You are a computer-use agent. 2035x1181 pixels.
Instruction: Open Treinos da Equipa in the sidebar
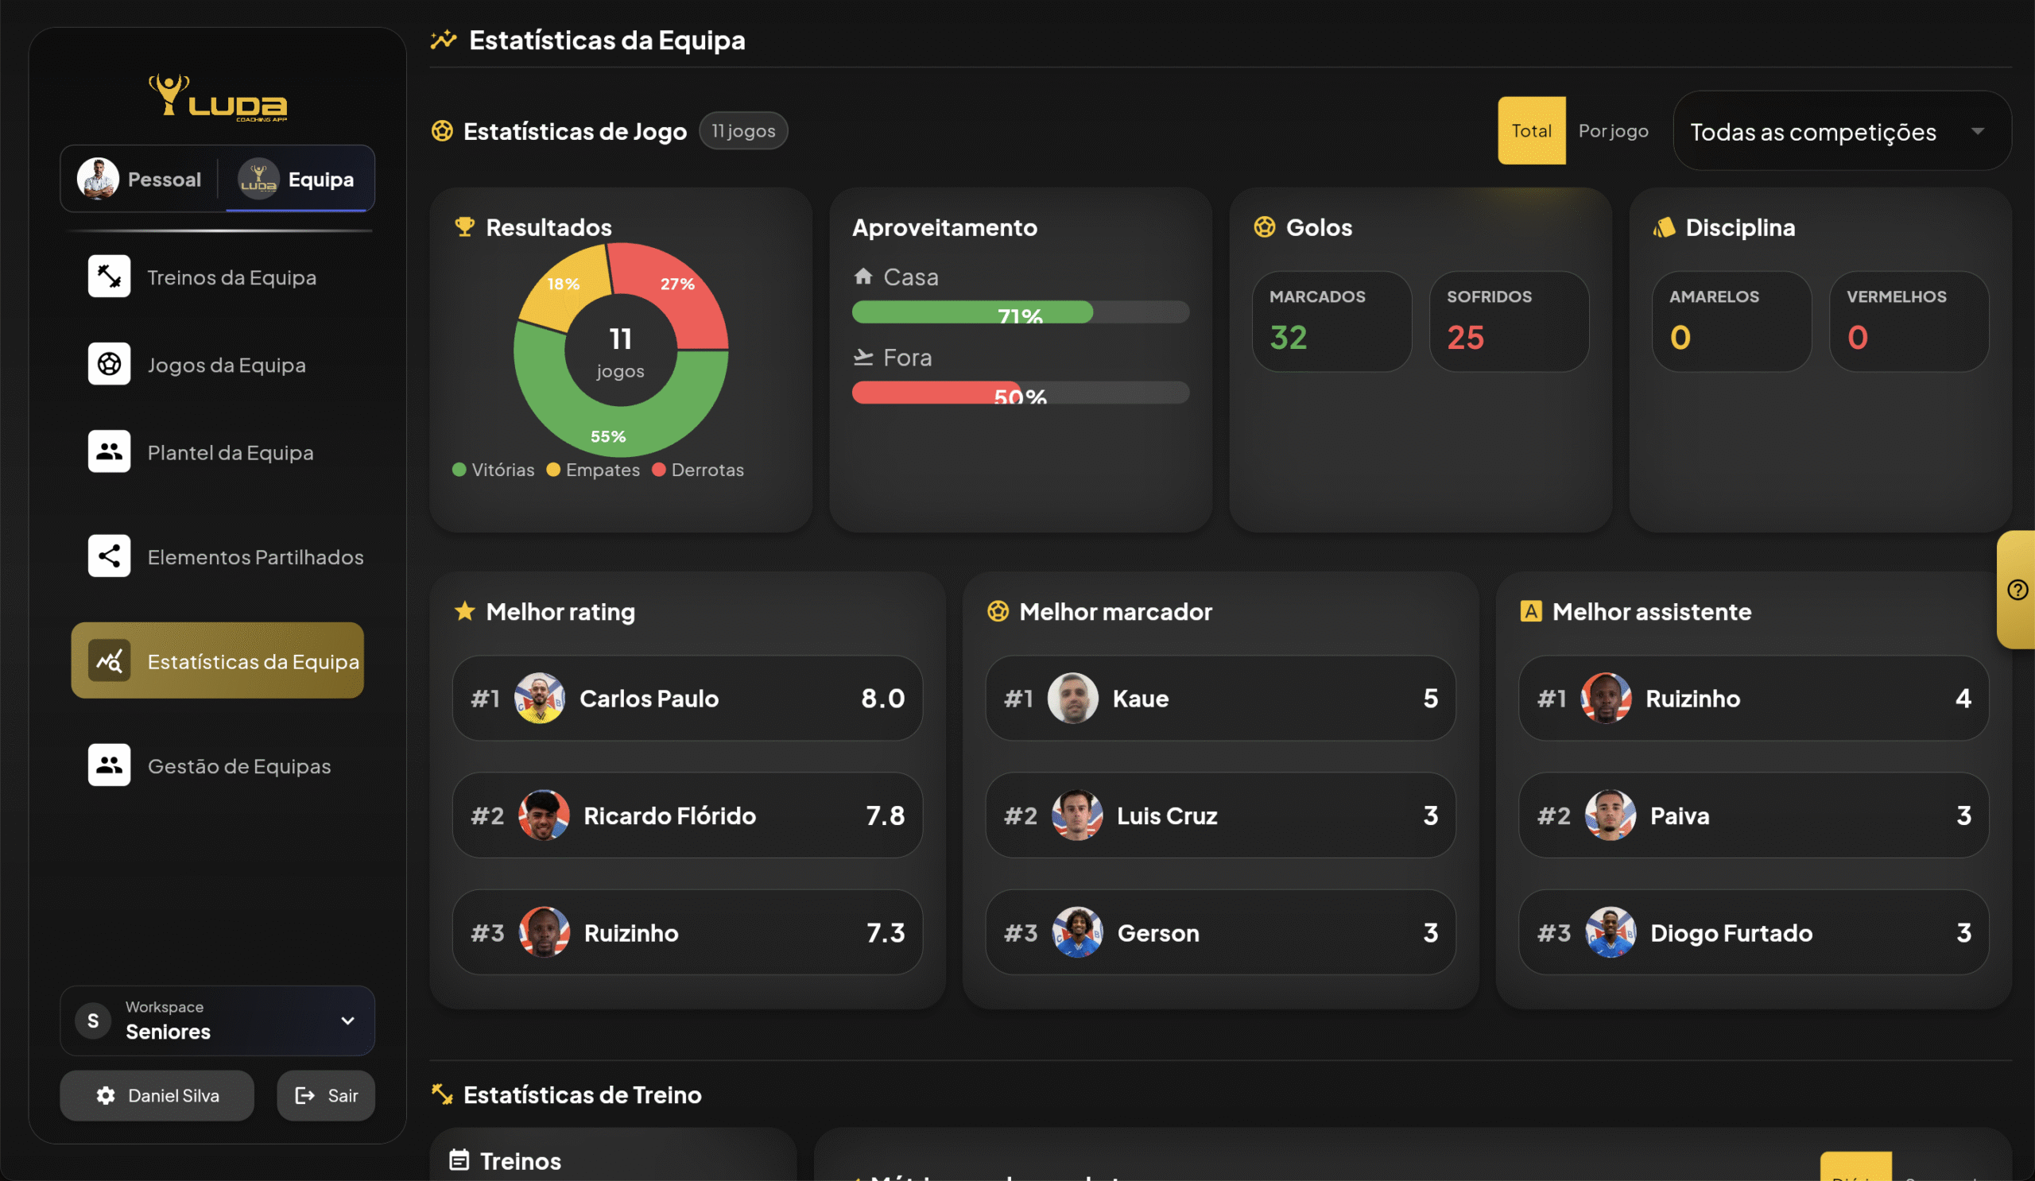231,277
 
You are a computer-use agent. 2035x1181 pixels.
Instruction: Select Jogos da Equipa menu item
226,365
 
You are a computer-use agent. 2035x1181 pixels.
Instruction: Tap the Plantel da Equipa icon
109,451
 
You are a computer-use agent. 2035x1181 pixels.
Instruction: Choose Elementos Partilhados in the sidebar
254,557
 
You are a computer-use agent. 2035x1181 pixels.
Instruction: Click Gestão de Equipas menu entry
238,765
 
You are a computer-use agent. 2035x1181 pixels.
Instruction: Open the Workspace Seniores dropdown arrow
347,1020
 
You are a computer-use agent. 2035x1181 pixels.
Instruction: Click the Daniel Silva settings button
157,1095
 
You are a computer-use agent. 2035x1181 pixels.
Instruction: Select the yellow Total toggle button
1531,131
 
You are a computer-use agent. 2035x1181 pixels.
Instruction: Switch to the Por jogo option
1613,131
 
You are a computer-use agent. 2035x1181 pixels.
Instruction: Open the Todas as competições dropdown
1841,131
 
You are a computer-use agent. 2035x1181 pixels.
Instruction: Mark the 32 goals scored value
1288,338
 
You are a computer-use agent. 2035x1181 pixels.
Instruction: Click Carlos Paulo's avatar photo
540,699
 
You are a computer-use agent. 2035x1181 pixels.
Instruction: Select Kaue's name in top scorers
1140,699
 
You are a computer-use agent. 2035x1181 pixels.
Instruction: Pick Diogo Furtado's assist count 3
1963,932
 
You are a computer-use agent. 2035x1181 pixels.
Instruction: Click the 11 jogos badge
743,131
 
